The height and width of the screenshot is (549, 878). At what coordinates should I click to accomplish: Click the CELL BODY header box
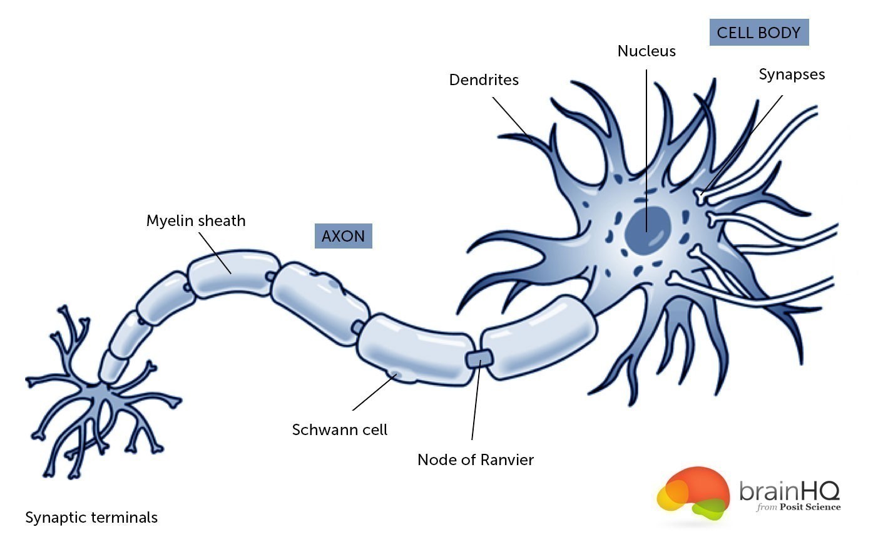point(758,33)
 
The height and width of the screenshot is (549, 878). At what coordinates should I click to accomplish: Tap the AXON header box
point(343,236)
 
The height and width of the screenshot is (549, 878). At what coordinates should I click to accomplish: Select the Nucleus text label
point(646,51)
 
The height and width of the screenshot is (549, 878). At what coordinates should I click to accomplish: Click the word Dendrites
point(484,80)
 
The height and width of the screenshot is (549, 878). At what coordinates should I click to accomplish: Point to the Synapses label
point(792,74)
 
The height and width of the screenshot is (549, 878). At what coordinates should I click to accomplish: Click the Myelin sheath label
point(196,221)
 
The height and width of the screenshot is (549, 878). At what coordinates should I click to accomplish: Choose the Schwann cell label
point(340,430)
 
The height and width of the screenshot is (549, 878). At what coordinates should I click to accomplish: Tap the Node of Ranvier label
point(476,460)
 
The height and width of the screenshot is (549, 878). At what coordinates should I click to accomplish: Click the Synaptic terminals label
point(91,518)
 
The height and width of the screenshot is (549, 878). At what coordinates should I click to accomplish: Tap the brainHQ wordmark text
point(789,491)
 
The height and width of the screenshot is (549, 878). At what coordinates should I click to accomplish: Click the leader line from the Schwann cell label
point(374,392)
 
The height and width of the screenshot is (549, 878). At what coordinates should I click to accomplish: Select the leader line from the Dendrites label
point(510,116)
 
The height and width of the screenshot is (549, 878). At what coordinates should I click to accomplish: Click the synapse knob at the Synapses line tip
point(701,196)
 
